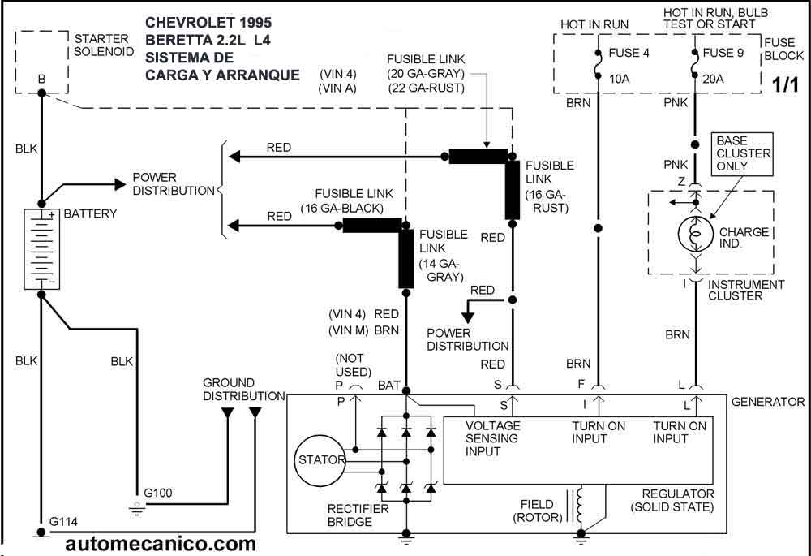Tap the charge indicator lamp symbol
[694, 232]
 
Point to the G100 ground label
[158, 493]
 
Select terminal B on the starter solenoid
[41, 80]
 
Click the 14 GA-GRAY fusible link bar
[406, 258]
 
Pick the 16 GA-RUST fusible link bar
[513, 189]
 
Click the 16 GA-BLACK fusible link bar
[371, 225]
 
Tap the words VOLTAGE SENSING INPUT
[493, 438]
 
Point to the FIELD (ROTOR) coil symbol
[579, 505]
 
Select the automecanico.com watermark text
[161, 543]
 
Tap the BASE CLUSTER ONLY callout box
[742, 153]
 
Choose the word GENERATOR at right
[767, 402]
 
